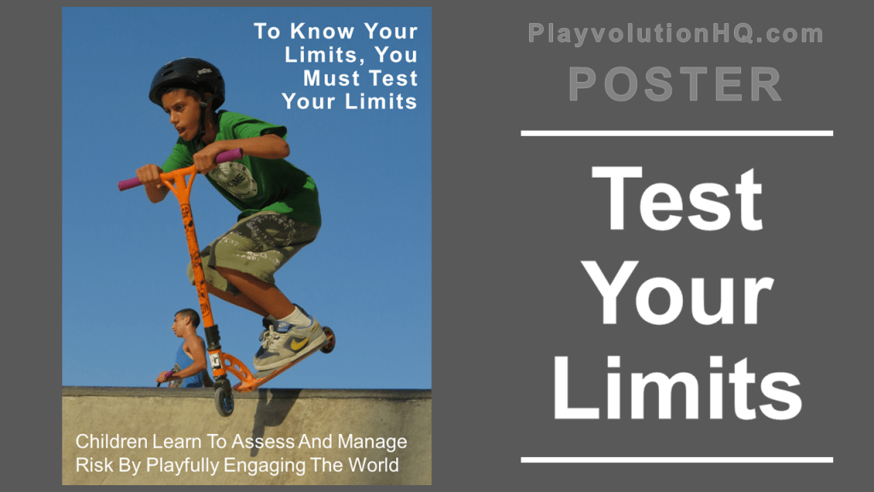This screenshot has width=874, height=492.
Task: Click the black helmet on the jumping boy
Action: pyautogui.click(x=186, y=79)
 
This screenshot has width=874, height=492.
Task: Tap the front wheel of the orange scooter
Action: pyautogui.click(x=224, y=401)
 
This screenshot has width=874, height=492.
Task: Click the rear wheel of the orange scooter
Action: pyautogui.click(x=327, y=340)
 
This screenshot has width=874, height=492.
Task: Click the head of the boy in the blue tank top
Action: pyautogui.click(x=185, y=323)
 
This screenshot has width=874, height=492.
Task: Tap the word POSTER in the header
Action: pyautogui.click(x=675, y=85)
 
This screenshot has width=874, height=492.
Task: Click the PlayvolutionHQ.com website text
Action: pyautogui.click(x=675, y=34)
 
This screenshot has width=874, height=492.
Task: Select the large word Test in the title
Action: pyautogui.click(x=676, y=198)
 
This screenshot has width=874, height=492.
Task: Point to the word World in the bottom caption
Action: pyautogui.click(x=376, y=466)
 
